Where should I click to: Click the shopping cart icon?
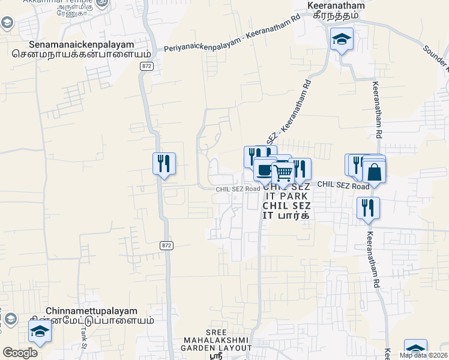pyautogui.click(x=283, y=173)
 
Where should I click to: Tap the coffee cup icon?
pyautogui.click(x=264, y=169)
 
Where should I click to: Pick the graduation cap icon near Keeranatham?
pyautogui.click(x=342, y=39)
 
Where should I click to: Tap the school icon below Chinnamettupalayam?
pyautogui.click(x=40, y=331)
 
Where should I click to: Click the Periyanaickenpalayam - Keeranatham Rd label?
pyautogui.click(x=232, y=35)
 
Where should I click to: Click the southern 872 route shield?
pyautogui.click(x=167, y=245)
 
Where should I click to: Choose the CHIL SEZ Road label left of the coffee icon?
pyautogui.click(x=238, y=189)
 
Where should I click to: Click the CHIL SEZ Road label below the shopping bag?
pyautogui.click(x=343, y=186)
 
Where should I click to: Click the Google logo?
pyautogui.click(x=20, y=353)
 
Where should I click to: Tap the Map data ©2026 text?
pyautogui.click(x=423, y=355)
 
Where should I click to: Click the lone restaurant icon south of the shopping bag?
pyautogui.click(x=368, y=208)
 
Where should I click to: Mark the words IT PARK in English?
pyautogui.click(x=286, y=196)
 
